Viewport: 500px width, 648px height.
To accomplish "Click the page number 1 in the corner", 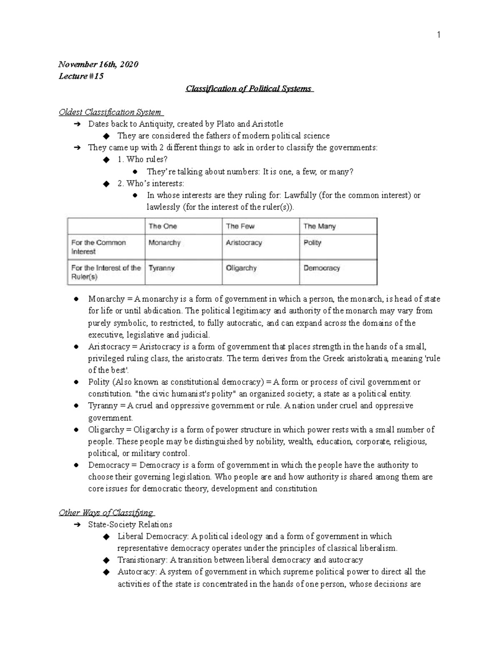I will tap(438, 35).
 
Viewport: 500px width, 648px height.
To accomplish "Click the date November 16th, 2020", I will tap(98, 64).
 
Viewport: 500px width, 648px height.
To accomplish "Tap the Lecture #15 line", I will tap(81, 76).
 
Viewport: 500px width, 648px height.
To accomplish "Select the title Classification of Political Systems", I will tap(249, 88).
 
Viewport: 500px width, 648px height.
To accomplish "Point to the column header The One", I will tap(162, 226).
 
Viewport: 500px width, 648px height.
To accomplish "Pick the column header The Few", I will tap(240, 226).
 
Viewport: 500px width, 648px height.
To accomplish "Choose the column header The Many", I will tap(319, 226).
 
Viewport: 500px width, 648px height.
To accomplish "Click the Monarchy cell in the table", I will tap(165, 242).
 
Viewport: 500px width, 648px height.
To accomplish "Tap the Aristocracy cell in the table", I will tap(244, 242).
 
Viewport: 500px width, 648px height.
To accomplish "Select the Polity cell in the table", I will tap(312, 242).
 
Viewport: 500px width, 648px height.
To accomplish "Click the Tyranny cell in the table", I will tap(161, 268).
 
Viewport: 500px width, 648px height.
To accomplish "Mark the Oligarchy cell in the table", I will tap(241, 268).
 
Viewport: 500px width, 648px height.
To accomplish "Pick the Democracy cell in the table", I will tap(321, 268).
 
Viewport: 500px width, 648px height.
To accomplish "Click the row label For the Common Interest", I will tap(98, 247).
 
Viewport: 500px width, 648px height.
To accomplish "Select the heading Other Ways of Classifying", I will tap(106, 512).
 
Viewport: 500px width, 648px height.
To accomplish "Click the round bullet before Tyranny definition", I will tap(76, 406).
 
